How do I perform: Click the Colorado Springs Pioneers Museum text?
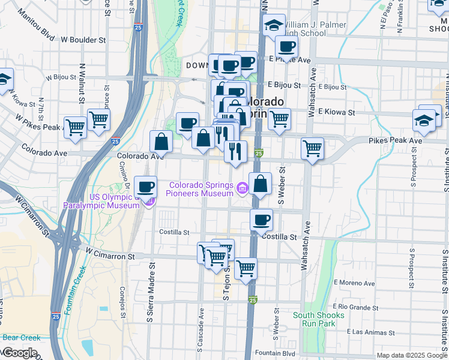tap(201, 189)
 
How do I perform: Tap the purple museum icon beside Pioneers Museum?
tap(242, 189)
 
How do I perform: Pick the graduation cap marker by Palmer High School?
tap(274, 25)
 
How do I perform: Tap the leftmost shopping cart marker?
tap(75, 127)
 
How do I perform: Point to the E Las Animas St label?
tap(370, 332)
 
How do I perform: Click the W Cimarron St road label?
tap(110, 256)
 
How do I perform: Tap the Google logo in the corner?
tap(20, 353)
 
